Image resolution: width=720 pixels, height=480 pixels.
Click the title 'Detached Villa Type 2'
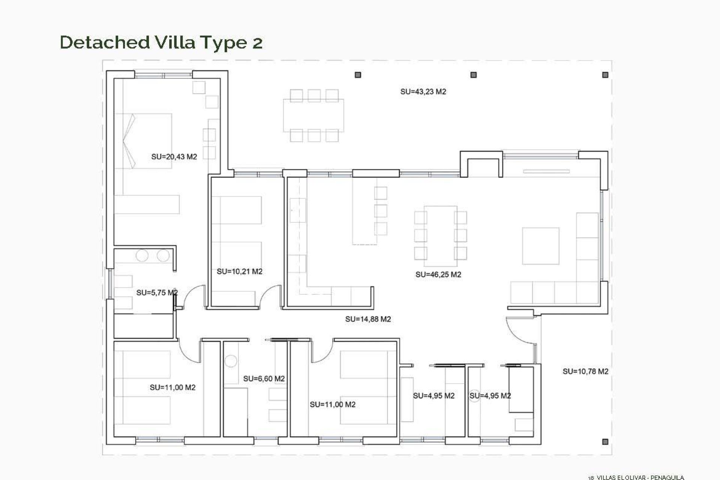click(161, 42)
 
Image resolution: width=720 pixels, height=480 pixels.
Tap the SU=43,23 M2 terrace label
click(423, 91)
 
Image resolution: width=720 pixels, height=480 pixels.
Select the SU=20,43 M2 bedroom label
click(174, 157)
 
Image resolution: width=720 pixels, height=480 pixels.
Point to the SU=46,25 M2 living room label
click(438, 274)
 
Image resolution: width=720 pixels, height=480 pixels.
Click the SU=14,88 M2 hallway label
click(368, 319)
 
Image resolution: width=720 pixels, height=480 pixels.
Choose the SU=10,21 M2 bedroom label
click(239, 271)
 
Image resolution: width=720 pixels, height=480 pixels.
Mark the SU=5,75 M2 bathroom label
click(157, 292)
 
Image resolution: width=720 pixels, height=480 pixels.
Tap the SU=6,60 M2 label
click(264, 379)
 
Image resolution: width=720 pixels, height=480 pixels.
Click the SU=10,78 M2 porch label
click(585, 371)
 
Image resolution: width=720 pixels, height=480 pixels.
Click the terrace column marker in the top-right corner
click(605, 75)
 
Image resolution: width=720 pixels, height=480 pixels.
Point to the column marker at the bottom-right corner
click(605, 442)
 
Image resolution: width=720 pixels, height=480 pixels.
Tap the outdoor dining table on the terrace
click(313, 115)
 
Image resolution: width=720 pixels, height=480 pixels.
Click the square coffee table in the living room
click(540, 246)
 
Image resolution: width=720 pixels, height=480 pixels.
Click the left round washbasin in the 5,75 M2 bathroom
click(142, 256)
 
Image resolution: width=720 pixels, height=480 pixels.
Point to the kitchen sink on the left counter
click(298, 210)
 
